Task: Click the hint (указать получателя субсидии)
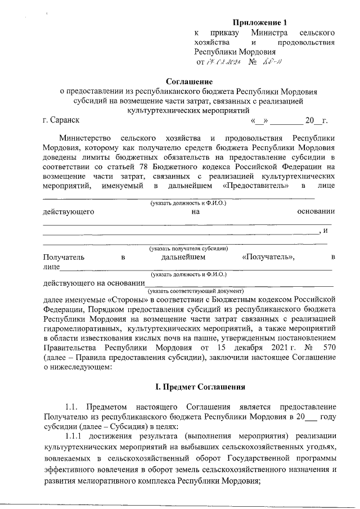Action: point(188,248)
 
